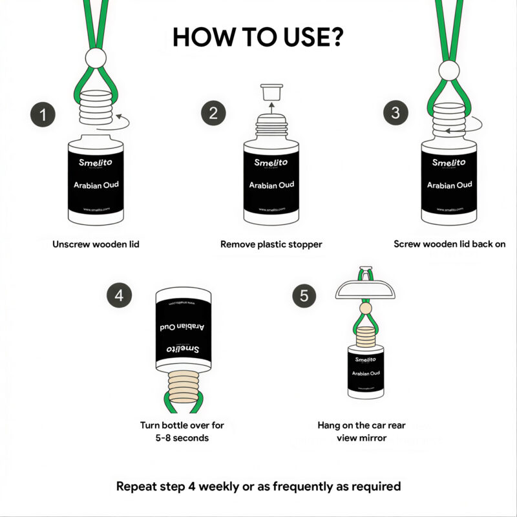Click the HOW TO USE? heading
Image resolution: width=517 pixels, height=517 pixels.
tap(258, 37)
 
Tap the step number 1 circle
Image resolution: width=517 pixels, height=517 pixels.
tap(43, 115)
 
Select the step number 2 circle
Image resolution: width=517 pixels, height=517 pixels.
tap(213, 115)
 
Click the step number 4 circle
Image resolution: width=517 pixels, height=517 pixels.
tap(119, 295)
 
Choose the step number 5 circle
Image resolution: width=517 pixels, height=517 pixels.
tap(305, 295)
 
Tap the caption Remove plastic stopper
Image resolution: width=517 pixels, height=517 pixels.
tap(271, 244)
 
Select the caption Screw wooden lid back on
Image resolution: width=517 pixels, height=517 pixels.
tap(449, 244)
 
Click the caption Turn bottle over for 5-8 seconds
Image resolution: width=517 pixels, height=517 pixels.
tap(182, 432)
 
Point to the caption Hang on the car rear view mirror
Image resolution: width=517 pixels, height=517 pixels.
tap(361, 432)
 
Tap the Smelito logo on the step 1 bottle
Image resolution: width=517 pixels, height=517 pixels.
tap(96, 163)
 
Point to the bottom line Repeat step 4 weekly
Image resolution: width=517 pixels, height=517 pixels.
tap(258, 486)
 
